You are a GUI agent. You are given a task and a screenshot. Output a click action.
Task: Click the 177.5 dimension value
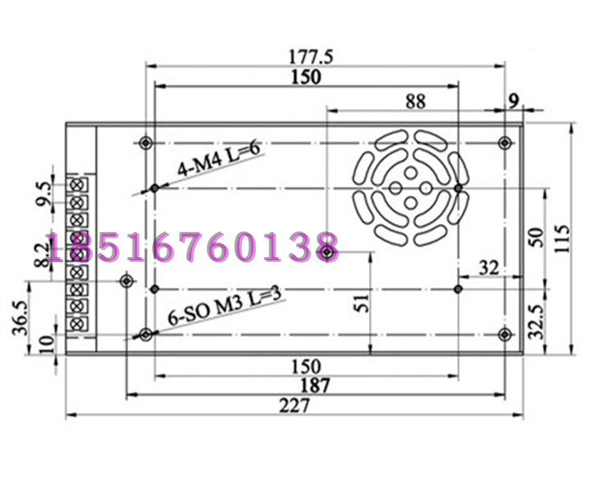point(310,57)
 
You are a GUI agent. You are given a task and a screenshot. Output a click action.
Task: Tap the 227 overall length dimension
point(294,406)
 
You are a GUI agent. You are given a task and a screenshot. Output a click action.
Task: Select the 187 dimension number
point(315,386)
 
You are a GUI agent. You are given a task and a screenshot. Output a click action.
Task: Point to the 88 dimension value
point(416,102)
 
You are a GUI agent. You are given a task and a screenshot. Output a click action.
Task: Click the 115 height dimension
point(562,239)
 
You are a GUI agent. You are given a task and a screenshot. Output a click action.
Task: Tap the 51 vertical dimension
point(361,304)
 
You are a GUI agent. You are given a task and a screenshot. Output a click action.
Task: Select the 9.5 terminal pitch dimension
point(43,194)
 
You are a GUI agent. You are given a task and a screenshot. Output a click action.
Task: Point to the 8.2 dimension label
point(42,254)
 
